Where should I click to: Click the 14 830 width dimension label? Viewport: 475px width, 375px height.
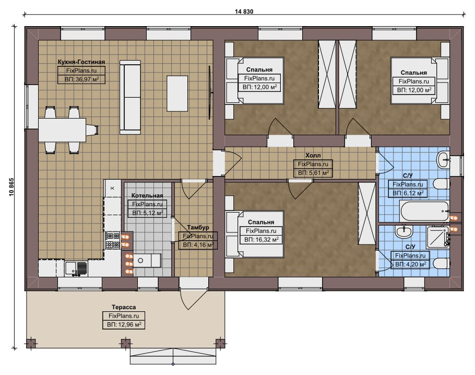point(244,11)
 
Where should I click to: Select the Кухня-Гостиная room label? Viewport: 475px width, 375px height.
point(81,62)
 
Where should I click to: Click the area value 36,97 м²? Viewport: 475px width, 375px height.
point(82,80)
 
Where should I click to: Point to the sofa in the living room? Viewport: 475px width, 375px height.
point(130,97)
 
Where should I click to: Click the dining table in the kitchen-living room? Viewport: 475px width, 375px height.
point(62,130)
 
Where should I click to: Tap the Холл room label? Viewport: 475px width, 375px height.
point(313,156)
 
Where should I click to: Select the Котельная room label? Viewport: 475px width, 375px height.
point(147,195)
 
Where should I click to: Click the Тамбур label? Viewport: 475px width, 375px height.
point(198,227)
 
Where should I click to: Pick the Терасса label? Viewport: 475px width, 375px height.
point(124,307)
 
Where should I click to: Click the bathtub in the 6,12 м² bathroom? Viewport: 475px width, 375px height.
point(424,211)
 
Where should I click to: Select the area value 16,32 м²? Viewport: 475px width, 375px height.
point(262,240)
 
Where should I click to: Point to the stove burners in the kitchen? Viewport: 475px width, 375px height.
point(113,240)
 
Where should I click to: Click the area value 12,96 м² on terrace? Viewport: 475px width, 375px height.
point(124,325)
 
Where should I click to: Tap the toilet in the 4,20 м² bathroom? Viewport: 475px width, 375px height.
point(441,263)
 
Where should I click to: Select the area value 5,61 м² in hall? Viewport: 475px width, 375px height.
point(313,173)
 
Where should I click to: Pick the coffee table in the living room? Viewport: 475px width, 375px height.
point(177,93)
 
